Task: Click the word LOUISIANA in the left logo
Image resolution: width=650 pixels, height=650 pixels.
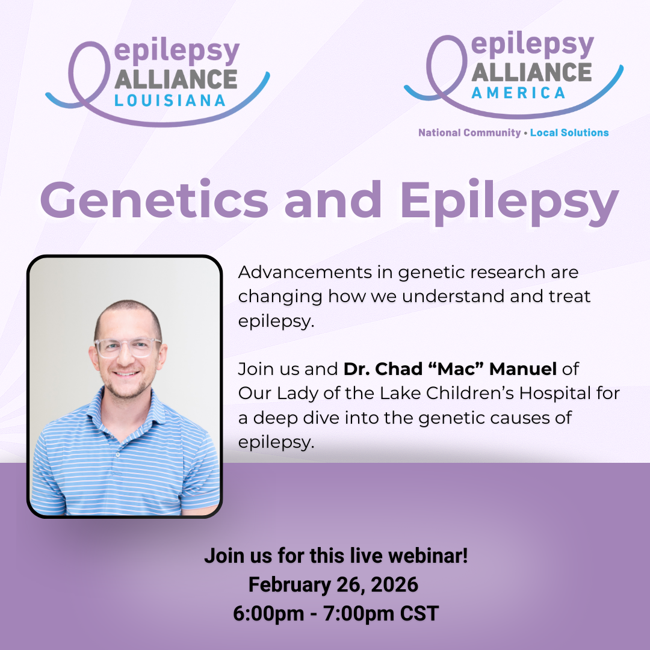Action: pos(170,101)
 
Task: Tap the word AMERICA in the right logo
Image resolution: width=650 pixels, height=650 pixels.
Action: pos(518,93)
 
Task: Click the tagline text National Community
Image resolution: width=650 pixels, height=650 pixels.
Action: pos(469,132)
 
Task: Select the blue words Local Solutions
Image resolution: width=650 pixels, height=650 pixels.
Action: pos(569,132)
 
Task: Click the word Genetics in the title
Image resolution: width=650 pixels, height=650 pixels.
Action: pos(154,199)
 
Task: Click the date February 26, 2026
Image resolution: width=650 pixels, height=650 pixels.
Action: pos(333,584)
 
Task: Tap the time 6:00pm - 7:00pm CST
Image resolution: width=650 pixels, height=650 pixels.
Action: pos(336,614)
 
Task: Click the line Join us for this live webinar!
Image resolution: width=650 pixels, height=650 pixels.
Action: pos(336,556)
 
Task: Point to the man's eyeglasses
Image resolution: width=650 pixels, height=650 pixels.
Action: pos(128,347)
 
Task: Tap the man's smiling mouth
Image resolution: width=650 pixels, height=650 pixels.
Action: pos(127,374)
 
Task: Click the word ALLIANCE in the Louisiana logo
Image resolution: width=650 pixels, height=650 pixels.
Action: pos(175,79)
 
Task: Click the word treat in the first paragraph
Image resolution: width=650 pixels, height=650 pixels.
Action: pos(569,296)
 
